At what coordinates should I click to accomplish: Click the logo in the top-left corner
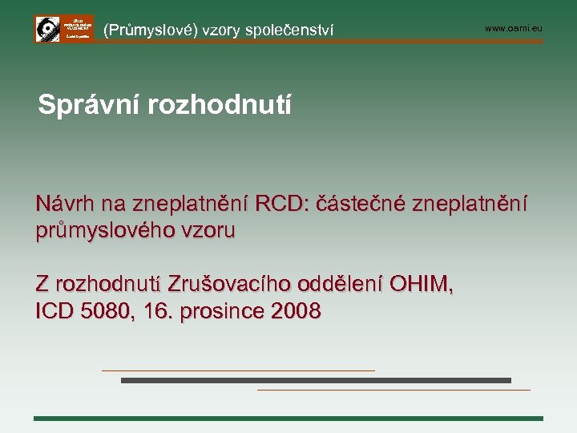click(63, 28)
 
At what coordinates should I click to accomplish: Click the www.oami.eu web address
click(513, 28)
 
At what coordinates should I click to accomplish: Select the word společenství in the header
click(289, 30)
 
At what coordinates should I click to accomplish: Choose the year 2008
click(296, 311)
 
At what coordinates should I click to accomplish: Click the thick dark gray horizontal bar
click(316, 380)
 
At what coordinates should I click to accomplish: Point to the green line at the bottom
click(288, 418)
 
